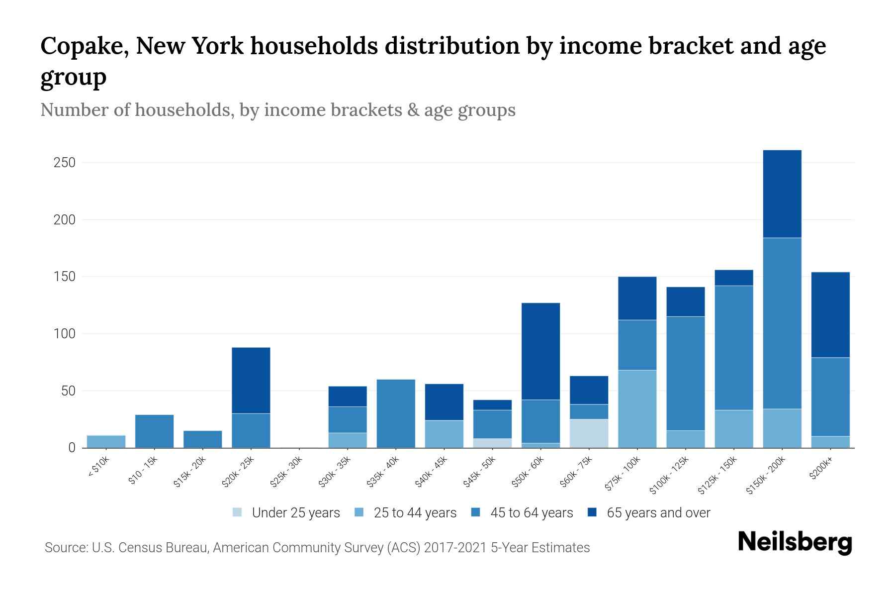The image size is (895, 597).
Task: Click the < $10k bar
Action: click(106, 442)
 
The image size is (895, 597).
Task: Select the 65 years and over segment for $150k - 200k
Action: click(782, 194)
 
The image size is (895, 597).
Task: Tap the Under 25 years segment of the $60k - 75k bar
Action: click(589, 433)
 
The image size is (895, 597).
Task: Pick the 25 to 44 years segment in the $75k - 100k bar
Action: click(637, 409)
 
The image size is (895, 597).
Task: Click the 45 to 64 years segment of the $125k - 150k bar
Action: click(734, 348)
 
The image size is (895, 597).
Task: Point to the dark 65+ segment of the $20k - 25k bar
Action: click(251, 381)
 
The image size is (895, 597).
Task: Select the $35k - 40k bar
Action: click(396, 413)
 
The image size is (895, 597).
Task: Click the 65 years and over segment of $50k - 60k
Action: click(540, 351)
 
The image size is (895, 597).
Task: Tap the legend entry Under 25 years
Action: click(286, 513)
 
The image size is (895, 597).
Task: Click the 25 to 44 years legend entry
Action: click(405, 513)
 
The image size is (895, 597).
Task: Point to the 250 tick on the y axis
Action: click(65, 163)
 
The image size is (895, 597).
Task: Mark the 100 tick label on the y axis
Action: click(65, 334)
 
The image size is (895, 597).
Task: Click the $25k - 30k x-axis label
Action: click(286, 471)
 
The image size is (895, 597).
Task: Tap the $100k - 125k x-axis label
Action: click(669, 475)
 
